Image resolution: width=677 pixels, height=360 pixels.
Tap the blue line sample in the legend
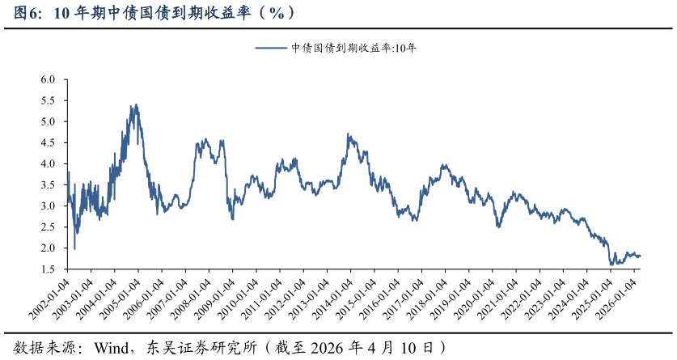272,48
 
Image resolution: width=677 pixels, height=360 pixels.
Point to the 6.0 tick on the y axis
48,80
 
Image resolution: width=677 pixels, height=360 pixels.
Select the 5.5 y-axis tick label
48,101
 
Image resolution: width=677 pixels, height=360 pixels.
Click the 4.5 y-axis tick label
48,143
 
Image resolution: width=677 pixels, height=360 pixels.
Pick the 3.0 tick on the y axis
48,206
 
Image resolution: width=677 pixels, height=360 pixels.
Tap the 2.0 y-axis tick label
48,248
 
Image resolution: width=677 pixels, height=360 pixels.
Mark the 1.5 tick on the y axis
48,269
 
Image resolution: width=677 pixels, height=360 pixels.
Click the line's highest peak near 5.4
136,104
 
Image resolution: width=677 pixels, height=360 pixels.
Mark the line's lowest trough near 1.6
611,265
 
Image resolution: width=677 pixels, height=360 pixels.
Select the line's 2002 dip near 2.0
74,248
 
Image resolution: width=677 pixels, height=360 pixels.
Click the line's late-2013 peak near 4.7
348,134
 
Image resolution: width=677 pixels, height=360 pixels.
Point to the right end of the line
641,256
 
